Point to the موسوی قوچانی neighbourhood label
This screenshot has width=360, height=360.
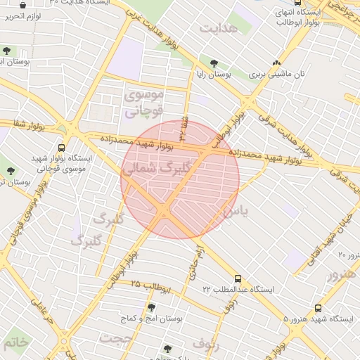pos(143,103)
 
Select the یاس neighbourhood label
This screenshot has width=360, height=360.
pos(236,210)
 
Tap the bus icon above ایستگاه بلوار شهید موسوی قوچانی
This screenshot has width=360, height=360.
pos(62,148)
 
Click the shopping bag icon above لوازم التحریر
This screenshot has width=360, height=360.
pos(24,5)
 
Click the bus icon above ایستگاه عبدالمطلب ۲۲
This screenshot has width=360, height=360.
pos(238,278)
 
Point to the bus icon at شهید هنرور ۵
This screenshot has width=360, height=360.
pos(319,308)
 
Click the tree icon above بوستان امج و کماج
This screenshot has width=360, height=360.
pos(150,307)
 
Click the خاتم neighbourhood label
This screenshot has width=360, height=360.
pos(15,342)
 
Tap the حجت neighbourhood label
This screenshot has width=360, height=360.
pos(115,338)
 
